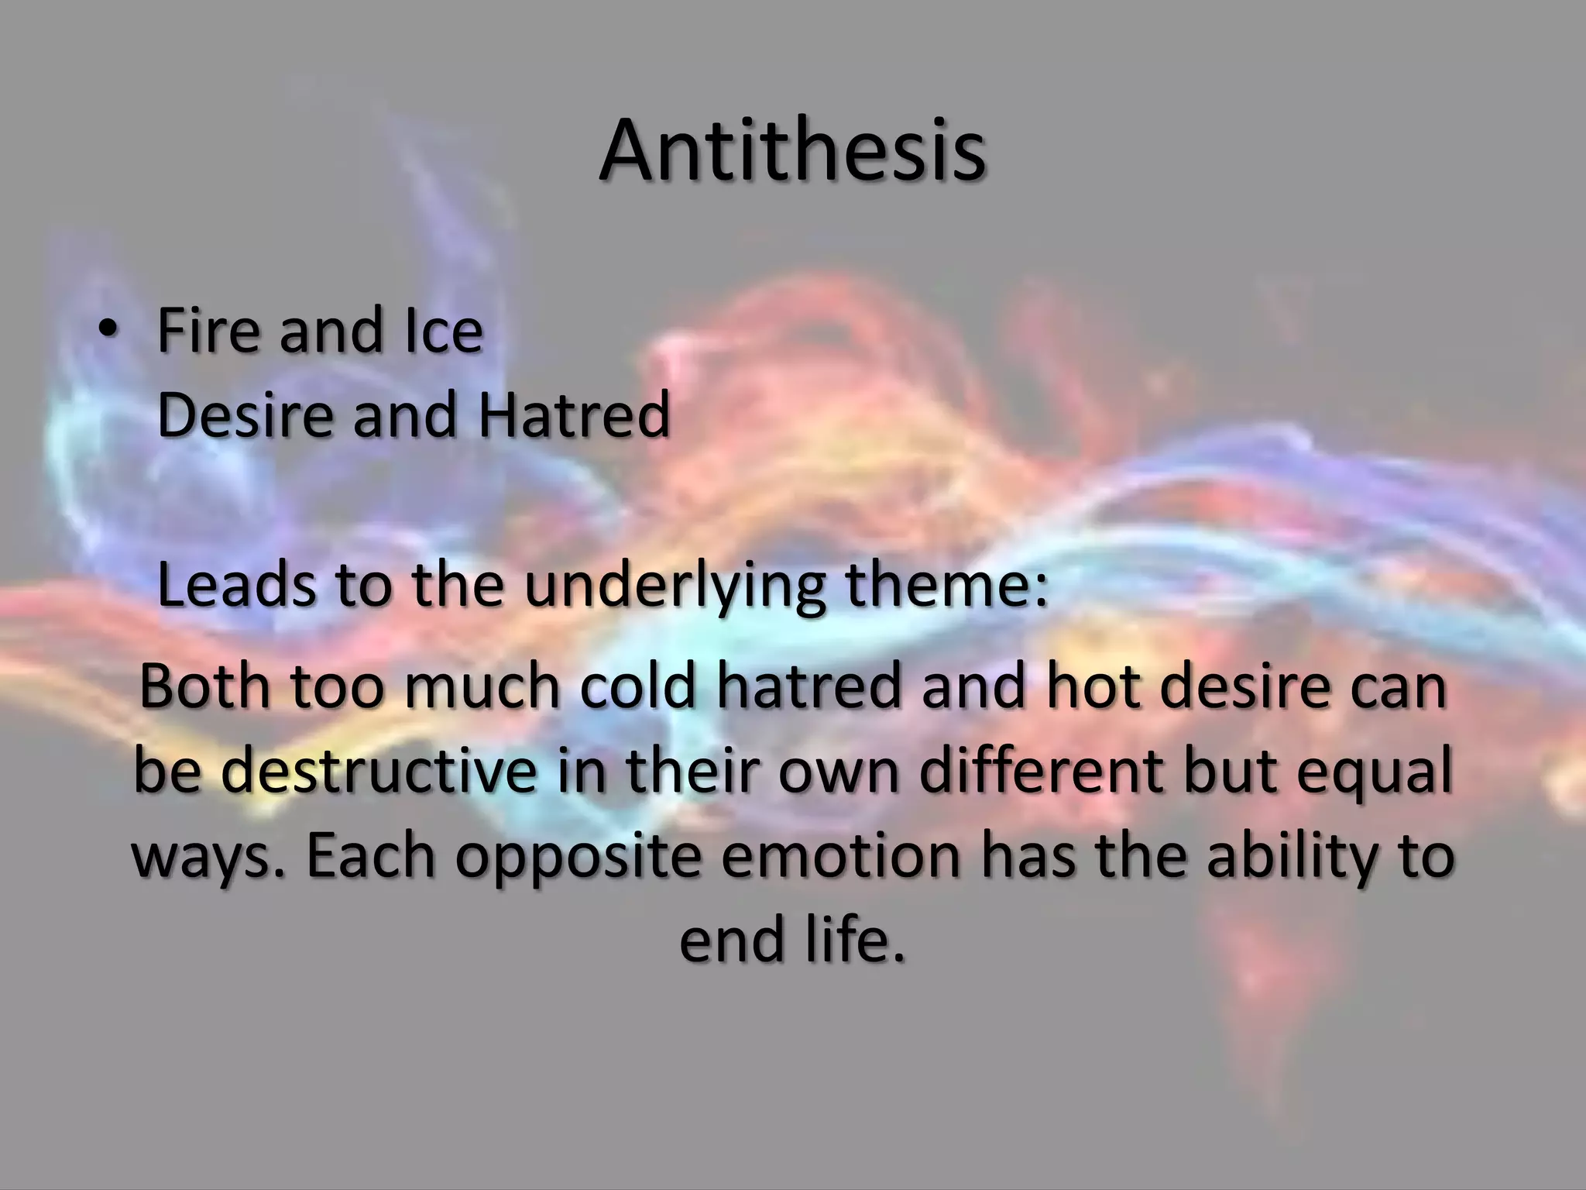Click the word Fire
[208, 331]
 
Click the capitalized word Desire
[245, 414]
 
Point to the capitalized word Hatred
[573, 414]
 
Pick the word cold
[638, 687]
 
